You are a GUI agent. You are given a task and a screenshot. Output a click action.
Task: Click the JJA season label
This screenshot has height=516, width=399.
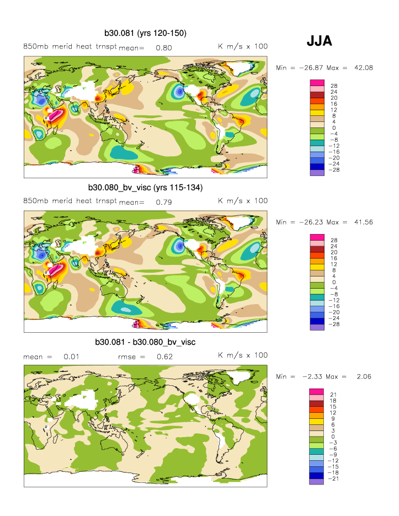pos(320,41)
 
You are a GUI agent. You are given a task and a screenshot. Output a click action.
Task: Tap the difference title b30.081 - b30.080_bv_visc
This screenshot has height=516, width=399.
pos(146,342)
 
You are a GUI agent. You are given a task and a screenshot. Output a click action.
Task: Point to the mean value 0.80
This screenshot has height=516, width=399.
pos(164,47)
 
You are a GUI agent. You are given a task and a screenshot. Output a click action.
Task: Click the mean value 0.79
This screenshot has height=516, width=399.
pos(164,202)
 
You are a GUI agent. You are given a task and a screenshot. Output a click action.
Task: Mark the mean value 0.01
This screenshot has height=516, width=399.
pos(71,357)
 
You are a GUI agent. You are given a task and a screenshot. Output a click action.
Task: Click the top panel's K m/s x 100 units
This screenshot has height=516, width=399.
pos(243,46)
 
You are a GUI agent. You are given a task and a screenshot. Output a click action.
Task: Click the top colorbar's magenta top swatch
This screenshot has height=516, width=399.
pos(316,83)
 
